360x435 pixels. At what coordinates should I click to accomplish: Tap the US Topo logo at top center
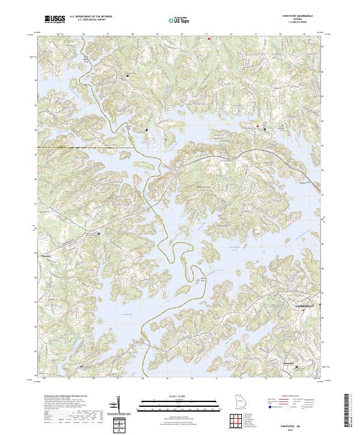point(175,20)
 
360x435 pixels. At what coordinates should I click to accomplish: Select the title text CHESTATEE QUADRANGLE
point(295,16)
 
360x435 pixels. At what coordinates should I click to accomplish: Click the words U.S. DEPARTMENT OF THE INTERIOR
point(91,17)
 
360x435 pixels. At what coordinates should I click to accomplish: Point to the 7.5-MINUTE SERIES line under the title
point(295,22)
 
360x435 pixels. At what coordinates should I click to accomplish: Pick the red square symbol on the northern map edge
point(209,38)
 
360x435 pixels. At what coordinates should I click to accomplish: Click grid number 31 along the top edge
point(206,34)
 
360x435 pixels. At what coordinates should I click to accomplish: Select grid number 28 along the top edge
point(132,34)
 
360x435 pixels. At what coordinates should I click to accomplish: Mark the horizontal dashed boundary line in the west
point(84,147)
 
